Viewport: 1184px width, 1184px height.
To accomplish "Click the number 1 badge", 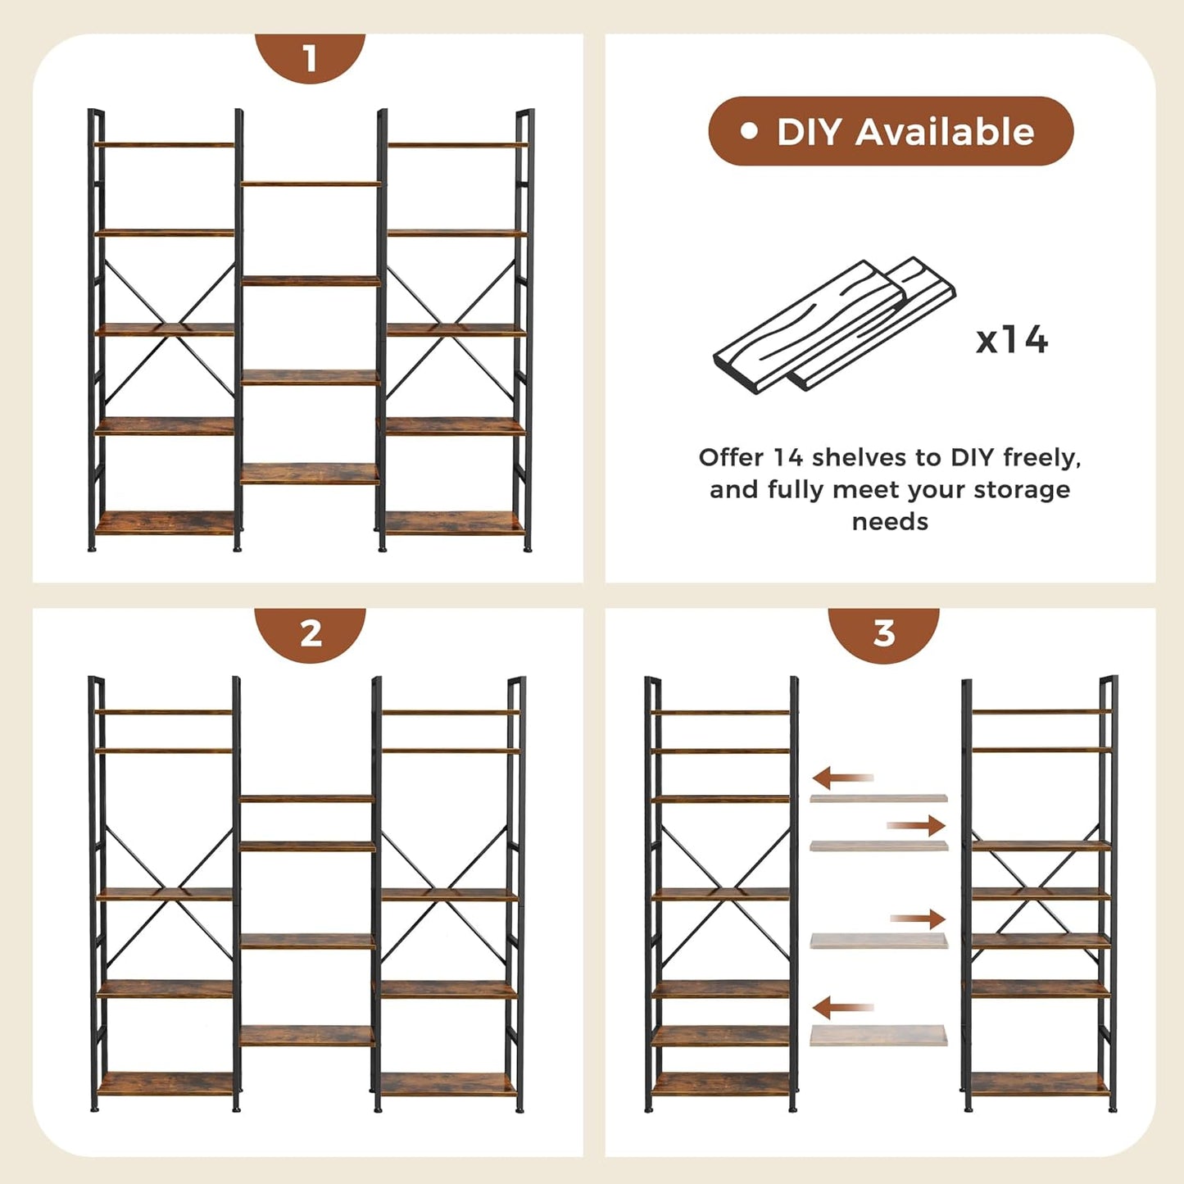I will click(x=310, y=58).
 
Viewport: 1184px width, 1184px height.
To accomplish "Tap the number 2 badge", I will click(x=311, y=633).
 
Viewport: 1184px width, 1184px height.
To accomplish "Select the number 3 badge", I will click(x=883, y=633).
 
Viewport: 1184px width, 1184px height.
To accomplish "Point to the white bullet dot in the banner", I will click(x=748, y=131).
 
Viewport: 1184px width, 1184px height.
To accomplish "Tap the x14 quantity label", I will click(x=1012, y=339).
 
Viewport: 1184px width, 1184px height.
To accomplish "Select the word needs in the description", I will click(x=890, y=522).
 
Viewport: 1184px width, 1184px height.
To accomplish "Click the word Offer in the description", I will click(x=731, y=457).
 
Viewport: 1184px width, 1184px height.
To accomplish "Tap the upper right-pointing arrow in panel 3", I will click(x=916, y=825).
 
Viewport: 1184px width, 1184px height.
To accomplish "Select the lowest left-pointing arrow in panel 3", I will click(x=842, y=1007).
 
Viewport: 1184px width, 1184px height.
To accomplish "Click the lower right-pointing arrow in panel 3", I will click(x=918, y=919).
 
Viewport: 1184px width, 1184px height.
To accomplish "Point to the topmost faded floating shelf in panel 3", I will click(x=878, y=797).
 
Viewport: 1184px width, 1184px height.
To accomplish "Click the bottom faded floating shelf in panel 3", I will click(x=878, y=1036).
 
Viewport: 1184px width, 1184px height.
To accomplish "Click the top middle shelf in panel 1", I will click(x=311, y=184).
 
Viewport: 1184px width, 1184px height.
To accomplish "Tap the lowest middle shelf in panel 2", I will click(x=307, y=1036).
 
